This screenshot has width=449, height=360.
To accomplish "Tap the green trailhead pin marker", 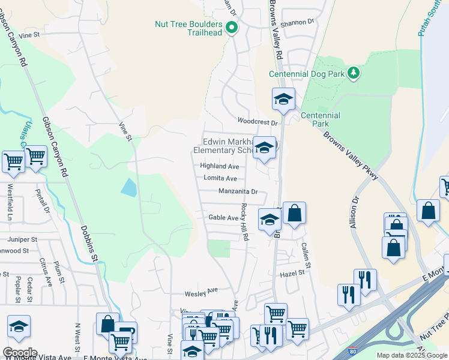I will coord(232,27).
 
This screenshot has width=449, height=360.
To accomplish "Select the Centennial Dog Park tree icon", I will coord(354,73).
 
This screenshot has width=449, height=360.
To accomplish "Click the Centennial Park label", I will coord(321,119).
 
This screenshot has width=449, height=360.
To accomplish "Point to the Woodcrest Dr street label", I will coord(259,122).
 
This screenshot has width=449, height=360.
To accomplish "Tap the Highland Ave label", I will coord(220,166).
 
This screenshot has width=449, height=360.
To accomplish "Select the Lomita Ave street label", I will coord(220,179).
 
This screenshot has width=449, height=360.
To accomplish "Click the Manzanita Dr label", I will coord(238,192).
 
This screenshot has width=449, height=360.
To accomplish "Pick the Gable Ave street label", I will coord(223,218).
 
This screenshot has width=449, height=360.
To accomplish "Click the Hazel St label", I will coord(293,272).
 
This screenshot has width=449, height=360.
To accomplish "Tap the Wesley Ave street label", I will coord(201,293).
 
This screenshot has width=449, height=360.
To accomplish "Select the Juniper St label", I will coord(23,239).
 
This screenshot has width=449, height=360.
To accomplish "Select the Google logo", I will coord(20,353).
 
